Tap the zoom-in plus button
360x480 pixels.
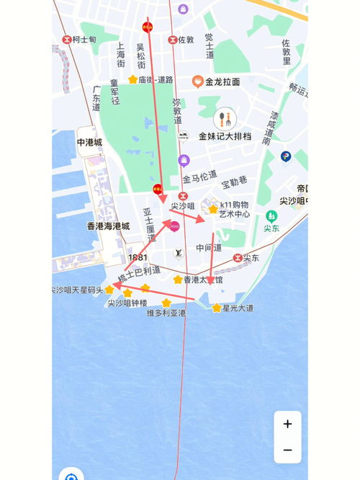[x=287, y=424]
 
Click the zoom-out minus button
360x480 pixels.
[x=287, y=450]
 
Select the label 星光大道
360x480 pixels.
[x=238, y=308]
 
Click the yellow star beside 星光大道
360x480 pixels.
[x=217, y=308]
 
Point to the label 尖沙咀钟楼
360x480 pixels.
[x=127, y=303]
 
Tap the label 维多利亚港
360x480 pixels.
[x=166, y=313]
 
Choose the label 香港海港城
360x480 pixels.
[x=108, y=226]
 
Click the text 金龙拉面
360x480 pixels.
[x=222, y=82]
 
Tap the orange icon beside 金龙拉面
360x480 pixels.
[x=197, y=82]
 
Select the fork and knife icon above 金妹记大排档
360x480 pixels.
[x=225, y=118]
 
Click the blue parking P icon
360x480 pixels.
[x=286, y=156]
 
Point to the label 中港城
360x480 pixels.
[x=90, y=142]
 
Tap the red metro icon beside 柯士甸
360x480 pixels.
[x=67, y=40]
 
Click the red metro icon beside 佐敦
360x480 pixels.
[x=172, y=40]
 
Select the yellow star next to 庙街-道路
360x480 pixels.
[x=132, y=79]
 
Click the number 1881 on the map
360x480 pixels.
[x=138, y=257]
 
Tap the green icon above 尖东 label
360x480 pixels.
[x=271, y=215]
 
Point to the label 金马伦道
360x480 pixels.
[x=199, y=177]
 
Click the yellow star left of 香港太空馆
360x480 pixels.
[x=178, y=280]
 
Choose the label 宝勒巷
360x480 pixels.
[x=234, y=181]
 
